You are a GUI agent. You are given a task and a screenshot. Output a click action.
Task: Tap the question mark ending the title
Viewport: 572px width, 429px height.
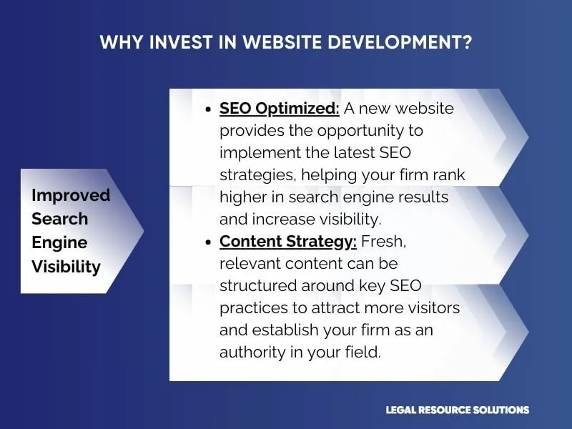pyautogui.click(x=467, y=42)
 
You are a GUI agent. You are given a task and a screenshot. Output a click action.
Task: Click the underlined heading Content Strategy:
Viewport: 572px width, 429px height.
pyautogui.click(x=288, y=242)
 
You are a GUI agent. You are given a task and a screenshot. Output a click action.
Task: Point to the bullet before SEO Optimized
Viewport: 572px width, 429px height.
pyautogui.click(x=207, y=110)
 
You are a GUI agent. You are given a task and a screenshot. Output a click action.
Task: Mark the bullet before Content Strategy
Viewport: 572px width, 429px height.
pyautogui.click(x=207, y=243)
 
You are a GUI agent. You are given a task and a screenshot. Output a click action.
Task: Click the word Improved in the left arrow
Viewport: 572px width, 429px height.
pyautogui.click(x=71, y=195)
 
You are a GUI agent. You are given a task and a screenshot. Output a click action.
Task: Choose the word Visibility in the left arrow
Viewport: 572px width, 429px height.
pyautogui.click(x=66, y=267)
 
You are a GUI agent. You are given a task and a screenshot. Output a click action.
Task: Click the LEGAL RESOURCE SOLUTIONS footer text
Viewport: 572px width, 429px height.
pyautogui.click(x=457, y=410)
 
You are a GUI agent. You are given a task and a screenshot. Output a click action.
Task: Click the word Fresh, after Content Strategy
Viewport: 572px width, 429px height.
pyautogui.click(x=384, y=242)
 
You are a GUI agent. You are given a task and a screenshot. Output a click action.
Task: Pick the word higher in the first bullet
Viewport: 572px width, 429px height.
pyautogui.click(x=244, y=197)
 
